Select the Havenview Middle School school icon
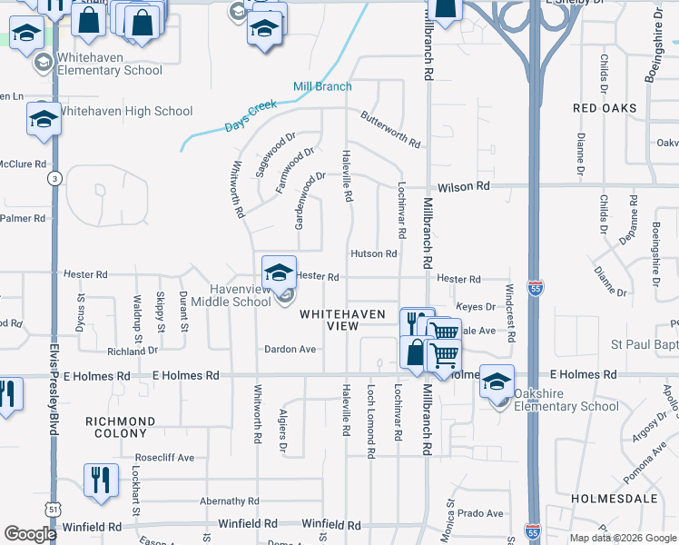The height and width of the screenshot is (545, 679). pos(279,271)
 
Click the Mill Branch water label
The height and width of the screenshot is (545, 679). pos(321,87)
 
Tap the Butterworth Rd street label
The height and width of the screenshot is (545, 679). pos(390,130)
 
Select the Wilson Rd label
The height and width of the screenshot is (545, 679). pos(463,186)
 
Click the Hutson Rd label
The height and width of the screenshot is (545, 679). pos(374,254)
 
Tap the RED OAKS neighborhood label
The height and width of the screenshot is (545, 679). pos(605,108)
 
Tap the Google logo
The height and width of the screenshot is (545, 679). pos(31,534)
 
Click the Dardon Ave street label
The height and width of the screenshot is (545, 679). pos(290,349)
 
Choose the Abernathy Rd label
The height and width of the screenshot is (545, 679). pos(223,500)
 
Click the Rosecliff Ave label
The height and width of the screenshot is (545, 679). pos(164,458)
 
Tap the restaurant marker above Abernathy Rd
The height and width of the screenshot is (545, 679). pos(101,479)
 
